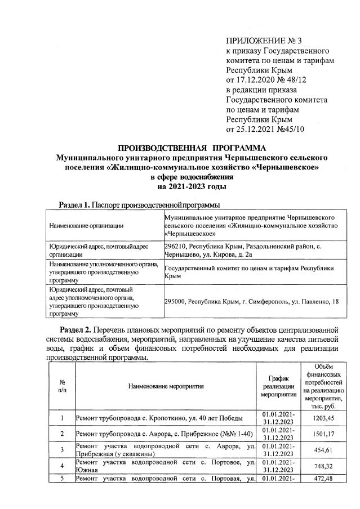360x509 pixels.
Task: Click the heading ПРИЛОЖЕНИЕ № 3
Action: [260, 41]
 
